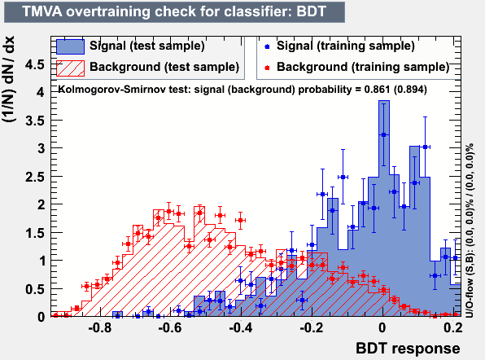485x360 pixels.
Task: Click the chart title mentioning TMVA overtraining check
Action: click(174, 12)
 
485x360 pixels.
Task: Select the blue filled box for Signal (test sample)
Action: click(70, 46)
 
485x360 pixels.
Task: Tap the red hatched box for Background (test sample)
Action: click(70, 68)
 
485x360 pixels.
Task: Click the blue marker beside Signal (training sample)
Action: click(267, 46)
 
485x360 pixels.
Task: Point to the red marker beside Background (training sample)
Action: click(267, 68)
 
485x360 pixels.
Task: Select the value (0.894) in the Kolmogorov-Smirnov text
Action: click(410, 90)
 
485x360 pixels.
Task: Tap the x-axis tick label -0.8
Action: click(99, 327)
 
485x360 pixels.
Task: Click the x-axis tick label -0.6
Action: click(170, 327)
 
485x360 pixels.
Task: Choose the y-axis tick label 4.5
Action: click(35, 65)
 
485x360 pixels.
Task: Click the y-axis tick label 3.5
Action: click(35, 121)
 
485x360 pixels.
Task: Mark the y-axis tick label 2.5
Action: click(35, 177)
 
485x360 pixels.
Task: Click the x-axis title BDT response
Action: click(408, 349)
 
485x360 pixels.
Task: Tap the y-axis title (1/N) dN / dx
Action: click(9, 79)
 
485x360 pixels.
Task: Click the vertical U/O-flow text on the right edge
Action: click(470, 230)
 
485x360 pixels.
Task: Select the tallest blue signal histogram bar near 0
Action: click(384, 208)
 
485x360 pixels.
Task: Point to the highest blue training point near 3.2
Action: click(384, 134)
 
